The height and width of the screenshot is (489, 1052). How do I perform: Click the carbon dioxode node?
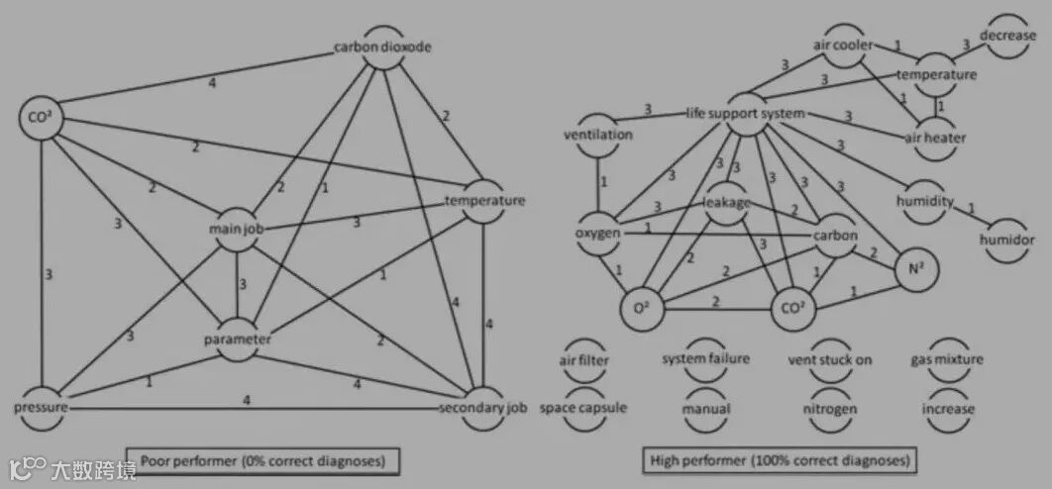coord(383,48)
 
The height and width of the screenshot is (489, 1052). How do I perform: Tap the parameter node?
coord(237,339)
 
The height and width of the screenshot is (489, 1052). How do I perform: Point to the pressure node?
coord(41,407)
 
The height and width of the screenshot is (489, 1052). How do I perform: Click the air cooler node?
coord(841,46)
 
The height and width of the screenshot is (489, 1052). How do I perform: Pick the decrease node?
coord(1008,35)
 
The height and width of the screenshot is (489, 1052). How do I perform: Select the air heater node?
coord(934,138)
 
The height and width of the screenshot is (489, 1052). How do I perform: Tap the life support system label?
coord(745,113)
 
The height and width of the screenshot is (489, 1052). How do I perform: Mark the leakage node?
coord(728,202)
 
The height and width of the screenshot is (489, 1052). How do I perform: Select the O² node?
coord(640,308)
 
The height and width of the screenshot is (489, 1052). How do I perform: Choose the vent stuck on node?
coord(829,360)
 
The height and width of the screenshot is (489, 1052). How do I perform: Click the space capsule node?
coord(583,408)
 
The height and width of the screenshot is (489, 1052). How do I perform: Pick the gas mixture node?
coord(947,360)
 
